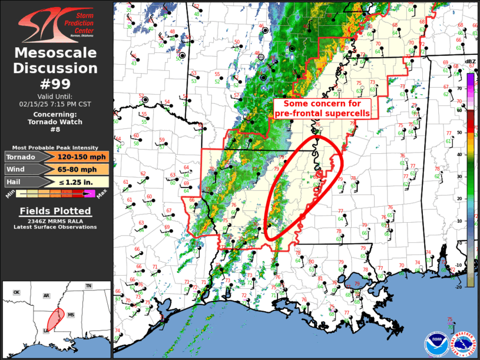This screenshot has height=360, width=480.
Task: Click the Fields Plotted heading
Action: [56, 211]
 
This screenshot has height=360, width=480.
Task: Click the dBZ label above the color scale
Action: [470, 62]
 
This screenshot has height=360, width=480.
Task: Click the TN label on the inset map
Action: [88, 286]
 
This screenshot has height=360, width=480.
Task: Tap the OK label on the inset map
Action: [16, 292]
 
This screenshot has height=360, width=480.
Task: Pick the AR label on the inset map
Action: [45, 296]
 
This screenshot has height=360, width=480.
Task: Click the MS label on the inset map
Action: [71, 315]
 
